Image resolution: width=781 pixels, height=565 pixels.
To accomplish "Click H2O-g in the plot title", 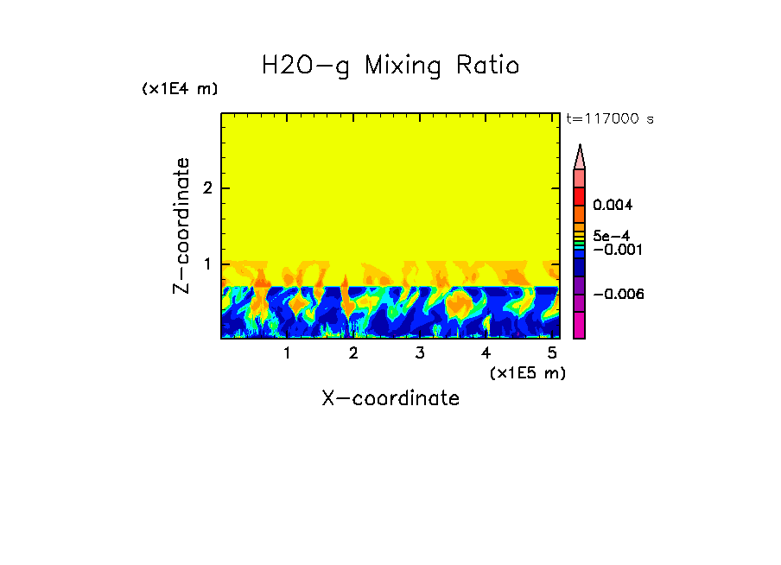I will pyautogui.click(x=306, y=66).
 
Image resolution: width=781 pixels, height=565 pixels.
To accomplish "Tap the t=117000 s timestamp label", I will pyautogui.click(x=609, y=119).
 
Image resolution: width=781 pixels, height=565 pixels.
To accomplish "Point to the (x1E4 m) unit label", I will pyautogui.click(x=180, y=89).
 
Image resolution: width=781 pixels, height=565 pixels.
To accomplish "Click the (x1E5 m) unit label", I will pyautogui.click(x=527, y=372).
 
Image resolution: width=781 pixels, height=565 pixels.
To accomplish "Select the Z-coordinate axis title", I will pyautogui.click(x=181, y=226).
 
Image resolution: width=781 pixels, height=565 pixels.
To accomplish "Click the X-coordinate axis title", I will pyautogui.click(x=390, y=398).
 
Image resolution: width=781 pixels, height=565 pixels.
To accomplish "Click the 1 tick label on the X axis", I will pyautogui.click(x=287, y=352).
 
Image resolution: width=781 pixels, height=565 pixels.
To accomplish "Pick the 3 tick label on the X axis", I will pyautogui.click(x=419, y=352).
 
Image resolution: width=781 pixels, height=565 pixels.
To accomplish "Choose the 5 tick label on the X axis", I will pyautogui.click(x=552, y=352).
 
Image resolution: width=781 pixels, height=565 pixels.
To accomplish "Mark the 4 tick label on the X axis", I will pyautogui.click(x=486, y=352).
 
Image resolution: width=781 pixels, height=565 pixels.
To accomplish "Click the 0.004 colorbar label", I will pyautogui.click(x=614, y=206).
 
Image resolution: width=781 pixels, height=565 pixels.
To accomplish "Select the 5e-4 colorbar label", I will pyautogui.click(x=611, y=235).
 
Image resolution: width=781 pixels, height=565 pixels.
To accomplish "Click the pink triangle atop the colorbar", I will pyautogui.click(x=580, y=156).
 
